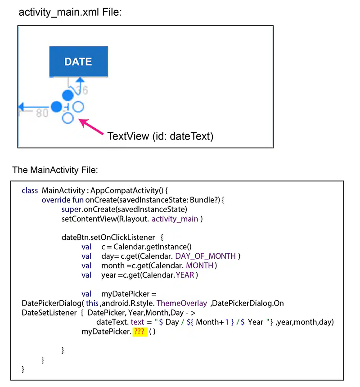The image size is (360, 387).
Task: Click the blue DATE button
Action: click(78, 61)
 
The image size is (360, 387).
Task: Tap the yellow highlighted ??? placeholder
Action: click(140, 332)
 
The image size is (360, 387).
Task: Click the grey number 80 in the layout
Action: click(42, 113)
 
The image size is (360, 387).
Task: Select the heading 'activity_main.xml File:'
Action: click(70, 12)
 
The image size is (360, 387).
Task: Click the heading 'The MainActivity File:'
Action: click(55, 170)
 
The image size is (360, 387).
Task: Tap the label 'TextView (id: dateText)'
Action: click(160, 136)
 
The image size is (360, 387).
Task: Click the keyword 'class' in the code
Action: click(30, 190)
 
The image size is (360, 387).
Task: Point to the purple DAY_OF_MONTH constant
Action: click(206, 256)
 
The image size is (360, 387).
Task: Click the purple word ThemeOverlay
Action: click(182, 303)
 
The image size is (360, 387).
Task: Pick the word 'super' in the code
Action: click(71, 210)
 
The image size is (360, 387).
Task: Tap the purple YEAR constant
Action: click(185, 275)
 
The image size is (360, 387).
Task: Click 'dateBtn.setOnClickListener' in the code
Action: click(108, 238)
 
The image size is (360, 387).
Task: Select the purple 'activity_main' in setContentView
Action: click(175, 219)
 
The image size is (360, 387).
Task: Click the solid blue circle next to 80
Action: click(57, 107)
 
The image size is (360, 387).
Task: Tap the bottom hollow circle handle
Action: click(67, 118)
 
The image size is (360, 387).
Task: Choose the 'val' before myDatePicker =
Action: click(86, 294)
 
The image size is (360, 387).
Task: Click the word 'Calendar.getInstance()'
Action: click(153, 247)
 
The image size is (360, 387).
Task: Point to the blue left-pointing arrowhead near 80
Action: click(22, 107)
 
